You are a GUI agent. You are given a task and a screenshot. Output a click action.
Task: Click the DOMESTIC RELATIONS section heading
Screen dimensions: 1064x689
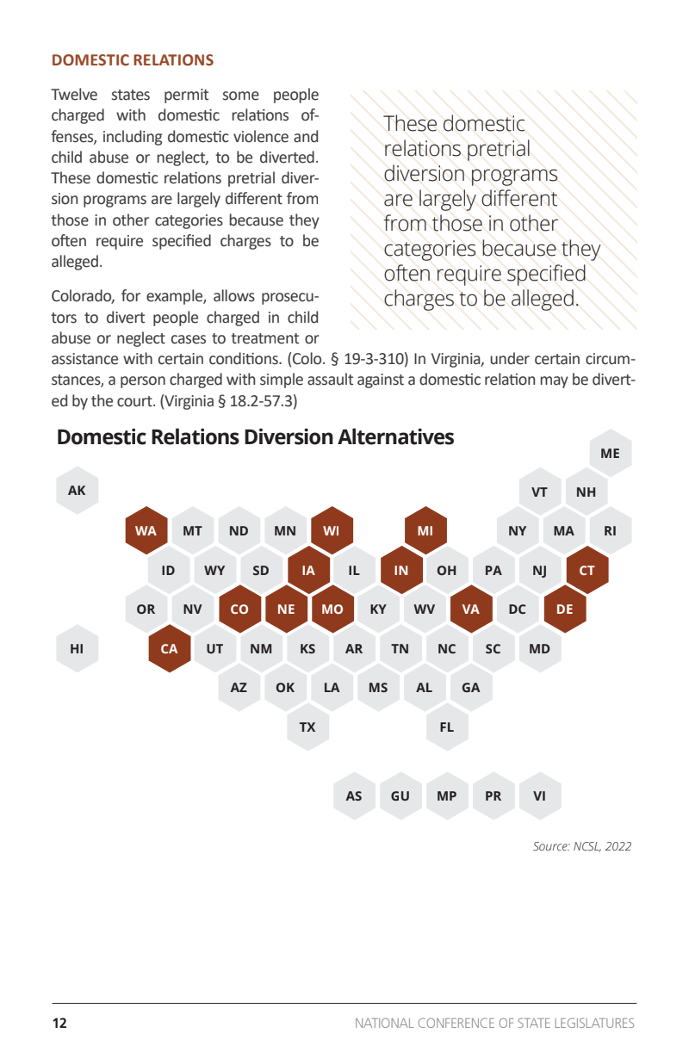(x=133, y=60)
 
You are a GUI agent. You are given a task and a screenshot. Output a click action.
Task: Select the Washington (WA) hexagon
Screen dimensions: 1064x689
(x=146, y=530)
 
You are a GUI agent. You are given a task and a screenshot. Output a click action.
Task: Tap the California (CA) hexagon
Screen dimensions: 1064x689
(x=170, y=649)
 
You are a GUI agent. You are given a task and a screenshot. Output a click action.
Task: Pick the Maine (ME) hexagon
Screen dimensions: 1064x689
(x=610, y=453)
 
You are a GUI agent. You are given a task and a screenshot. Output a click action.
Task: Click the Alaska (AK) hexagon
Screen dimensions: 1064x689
(x=78, y=491)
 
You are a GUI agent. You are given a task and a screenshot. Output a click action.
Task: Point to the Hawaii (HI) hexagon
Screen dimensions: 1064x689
(x=78, y=649)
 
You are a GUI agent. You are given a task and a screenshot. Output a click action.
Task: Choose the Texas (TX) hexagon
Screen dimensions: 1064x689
(x=307, y=727)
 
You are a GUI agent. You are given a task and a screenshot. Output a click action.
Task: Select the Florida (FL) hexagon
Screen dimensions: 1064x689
(x=446, y=727)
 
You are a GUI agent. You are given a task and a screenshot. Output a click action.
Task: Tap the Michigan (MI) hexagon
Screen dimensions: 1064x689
(x=425, y=530)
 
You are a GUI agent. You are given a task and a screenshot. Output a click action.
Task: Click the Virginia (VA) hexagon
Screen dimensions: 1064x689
(x=470, y=609)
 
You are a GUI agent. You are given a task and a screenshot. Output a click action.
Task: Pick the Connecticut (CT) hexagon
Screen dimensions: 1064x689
(x=587, y=570)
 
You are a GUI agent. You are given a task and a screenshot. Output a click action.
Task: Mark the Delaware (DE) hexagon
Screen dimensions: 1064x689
(x=564, y=609)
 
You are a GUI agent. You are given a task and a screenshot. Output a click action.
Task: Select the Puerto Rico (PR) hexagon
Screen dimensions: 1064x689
(x=493, y=795)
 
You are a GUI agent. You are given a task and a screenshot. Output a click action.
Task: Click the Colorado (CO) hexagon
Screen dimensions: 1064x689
(x=239, y=609)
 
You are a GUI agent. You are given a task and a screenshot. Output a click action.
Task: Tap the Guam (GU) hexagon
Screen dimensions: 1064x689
(x=400, y=795)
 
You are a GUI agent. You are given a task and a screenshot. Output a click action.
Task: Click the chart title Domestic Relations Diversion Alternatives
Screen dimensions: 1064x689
(x=255, y=437)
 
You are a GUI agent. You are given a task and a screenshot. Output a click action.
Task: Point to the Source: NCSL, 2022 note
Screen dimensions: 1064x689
(x=581, y=846)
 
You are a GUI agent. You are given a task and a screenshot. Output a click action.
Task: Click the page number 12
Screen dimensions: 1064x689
(x=59, y=1024)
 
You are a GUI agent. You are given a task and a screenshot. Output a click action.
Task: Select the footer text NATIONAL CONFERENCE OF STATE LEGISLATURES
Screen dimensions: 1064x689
(x=494, y=1024)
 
